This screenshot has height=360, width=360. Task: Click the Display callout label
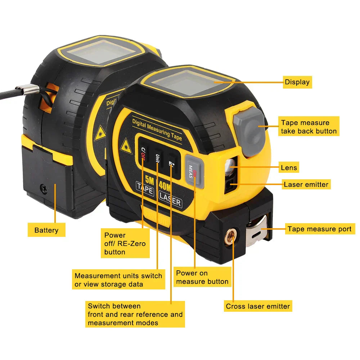(297, 82)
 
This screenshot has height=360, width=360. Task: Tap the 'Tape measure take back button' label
(309, 127)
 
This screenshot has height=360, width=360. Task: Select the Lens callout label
(289, 167)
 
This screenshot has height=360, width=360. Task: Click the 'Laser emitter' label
(306, 185)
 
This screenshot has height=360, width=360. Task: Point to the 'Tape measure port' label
(320, 229)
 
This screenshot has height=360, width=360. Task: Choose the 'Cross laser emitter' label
(258, 306)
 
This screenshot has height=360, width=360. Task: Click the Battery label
(46, 230)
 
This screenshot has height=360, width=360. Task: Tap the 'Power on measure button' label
(202, 277)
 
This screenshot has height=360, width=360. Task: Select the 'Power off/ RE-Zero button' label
(125, 243)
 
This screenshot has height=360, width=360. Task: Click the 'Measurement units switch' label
(118, 280)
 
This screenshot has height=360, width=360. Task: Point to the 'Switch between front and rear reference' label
(135, 314)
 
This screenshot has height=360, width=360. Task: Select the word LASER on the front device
(170, 200)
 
